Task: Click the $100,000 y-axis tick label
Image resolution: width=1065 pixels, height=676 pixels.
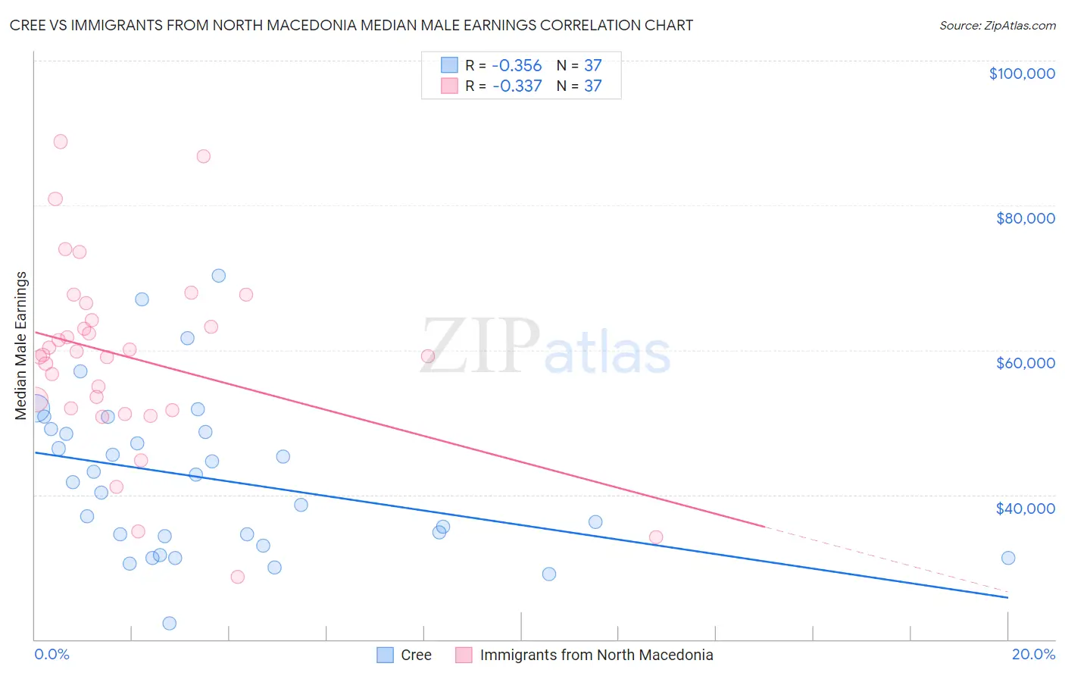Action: (x=1022, y=74)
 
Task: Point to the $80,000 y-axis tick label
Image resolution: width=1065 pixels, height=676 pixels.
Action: (x=1025, y=218)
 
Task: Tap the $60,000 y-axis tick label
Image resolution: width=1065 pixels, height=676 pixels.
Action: (x=1025, y=363)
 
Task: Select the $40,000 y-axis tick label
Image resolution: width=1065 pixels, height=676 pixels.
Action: (x=1025, y=508)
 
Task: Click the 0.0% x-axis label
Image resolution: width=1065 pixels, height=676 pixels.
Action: (x=52, y=654)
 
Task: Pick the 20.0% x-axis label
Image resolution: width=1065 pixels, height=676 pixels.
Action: (x=1033, y=654)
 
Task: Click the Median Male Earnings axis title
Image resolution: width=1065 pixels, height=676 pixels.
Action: (x=21, y=346)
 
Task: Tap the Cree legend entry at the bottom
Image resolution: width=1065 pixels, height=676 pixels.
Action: (x=416, y=655)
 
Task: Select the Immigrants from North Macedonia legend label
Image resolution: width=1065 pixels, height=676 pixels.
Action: (x=596, y=655)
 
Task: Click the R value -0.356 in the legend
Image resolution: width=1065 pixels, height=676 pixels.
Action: (x=517, y=65)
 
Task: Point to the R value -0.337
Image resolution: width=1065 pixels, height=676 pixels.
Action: (x=517, y=86)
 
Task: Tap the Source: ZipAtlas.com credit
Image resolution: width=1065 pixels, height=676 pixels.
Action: (x=997, y=25)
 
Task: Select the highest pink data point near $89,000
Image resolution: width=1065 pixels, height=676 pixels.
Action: (x=61, y=142)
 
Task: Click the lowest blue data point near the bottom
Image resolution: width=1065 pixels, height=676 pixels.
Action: (x=170, y=623)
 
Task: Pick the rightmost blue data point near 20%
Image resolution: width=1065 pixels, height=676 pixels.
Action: (x=1008, y=558)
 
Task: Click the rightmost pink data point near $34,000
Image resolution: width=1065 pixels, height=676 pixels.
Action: (x=656, y=537)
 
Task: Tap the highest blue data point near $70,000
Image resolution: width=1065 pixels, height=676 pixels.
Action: (x=219, y=276)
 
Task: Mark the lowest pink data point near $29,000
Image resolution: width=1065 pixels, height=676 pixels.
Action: (x=238, y=577)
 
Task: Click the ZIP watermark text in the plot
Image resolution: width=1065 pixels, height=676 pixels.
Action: (x=480, y=346)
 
